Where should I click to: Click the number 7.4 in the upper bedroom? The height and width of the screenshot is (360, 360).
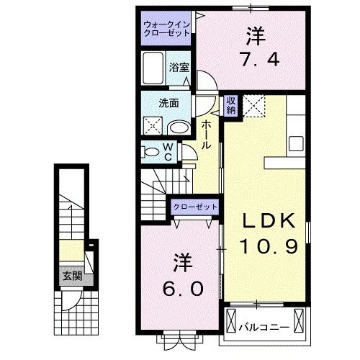tap(253, 60)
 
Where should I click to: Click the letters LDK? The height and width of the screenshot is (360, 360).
tap(265, 220)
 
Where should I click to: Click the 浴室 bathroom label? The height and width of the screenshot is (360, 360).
tap(179, 67)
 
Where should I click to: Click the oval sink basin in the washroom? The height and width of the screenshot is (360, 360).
tap(179, 128)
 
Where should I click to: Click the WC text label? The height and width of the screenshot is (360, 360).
tap(167, 151)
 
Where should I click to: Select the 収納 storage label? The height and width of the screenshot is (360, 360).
tap(231, 106)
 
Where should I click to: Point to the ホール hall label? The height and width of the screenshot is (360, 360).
tap(207, 135)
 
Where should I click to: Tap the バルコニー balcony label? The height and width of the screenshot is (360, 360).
tap(264, 325)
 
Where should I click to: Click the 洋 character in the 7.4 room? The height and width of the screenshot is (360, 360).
tap(253, 34)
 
